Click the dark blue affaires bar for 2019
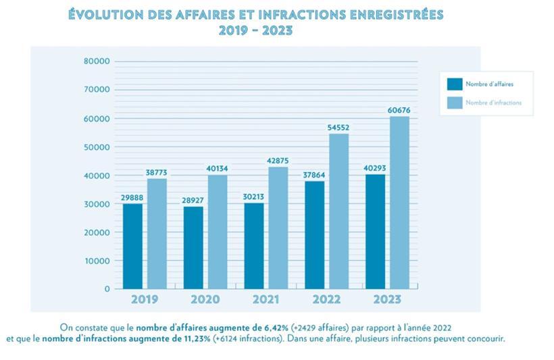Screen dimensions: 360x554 (132, 246)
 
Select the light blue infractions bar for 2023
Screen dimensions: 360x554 (399, 203)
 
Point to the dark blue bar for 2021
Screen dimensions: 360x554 (254, 246)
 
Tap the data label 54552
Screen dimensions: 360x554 (338, 128)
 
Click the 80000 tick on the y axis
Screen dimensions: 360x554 (97, 61)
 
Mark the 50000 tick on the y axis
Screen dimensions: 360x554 (97, 147)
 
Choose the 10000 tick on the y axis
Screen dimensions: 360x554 (97, 261)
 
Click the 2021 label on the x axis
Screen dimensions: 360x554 (266, 299)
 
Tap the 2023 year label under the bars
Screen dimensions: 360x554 (387, 299)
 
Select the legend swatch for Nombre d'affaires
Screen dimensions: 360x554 (455, 84)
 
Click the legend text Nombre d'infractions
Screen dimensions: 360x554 (494, 103)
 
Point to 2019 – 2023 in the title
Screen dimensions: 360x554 (255, 30)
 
